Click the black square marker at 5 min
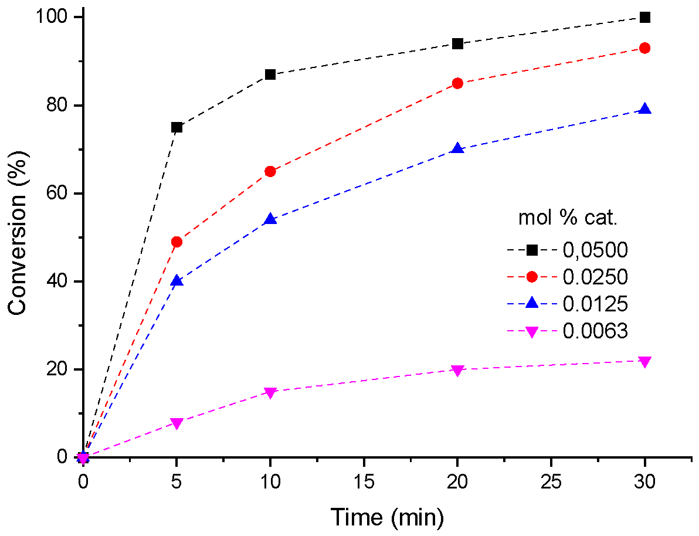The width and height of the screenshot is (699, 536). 177,127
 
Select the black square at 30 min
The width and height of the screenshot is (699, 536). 645,18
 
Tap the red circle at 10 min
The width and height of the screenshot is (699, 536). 270,171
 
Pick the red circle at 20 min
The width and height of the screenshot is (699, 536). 458,83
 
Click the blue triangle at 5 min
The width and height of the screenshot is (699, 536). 177,281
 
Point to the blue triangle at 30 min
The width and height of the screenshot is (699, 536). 645,109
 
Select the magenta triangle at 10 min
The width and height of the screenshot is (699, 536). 270,392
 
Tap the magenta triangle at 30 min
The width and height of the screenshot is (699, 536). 645,362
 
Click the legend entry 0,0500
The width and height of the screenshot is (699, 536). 595,250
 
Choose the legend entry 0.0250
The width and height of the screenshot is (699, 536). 595,277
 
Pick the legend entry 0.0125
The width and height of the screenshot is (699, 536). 595,304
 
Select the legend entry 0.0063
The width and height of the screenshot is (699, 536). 595,331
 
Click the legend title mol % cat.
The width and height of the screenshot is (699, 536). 568,218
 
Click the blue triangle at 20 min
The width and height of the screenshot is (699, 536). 458,149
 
